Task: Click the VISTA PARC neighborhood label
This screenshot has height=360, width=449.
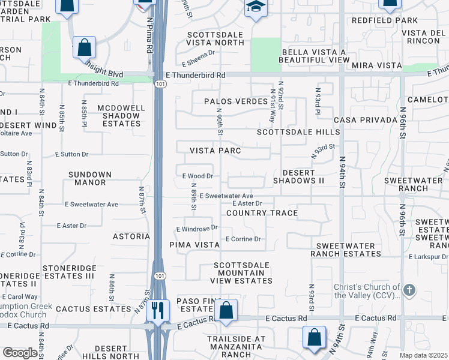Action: click(x=215, y=151)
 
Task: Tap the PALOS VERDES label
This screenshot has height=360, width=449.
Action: click(x=235, y=101)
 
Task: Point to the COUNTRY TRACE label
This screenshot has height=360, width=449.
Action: click(x=262, y=213)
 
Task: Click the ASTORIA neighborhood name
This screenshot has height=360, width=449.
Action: click(x=131, y=236)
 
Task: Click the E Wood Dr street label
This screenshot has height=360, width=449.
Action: click(x=197, y=176)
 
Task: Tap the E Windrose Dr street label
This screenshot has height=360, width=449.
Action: click(x=196, y=229)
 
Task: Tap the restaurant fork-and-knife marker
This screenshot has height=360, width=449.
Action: click(x=158, y=310)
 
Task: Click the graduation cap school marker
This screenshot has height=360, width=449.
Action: click(x=256, y=7)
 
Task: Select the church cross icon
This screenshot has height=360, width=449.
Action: click(x=409, y=290)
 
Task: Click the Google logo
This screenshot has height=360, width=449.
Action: click(x=20, y=353)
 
